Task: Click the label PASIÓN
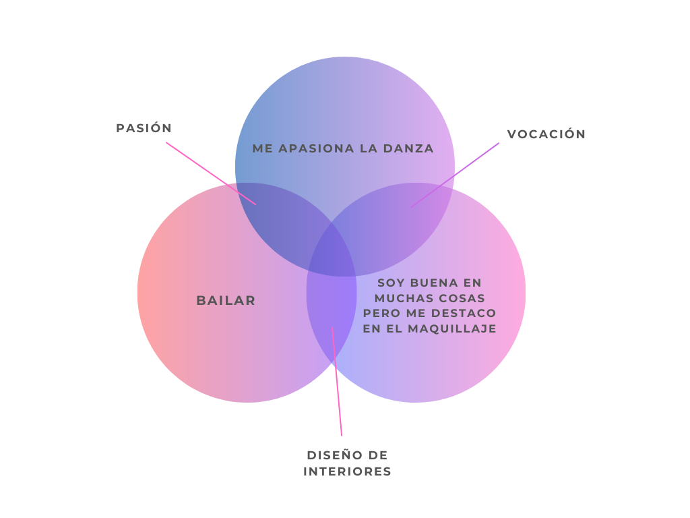pos(144,128)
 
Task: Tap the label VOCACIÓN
pos(546,134)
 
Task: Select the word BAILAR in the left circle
pos(226,301)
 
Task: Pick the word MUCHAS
pos(401,298)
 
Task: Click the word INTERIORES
pos(347,471)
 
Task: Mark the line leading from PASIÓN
pos(211,173)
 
